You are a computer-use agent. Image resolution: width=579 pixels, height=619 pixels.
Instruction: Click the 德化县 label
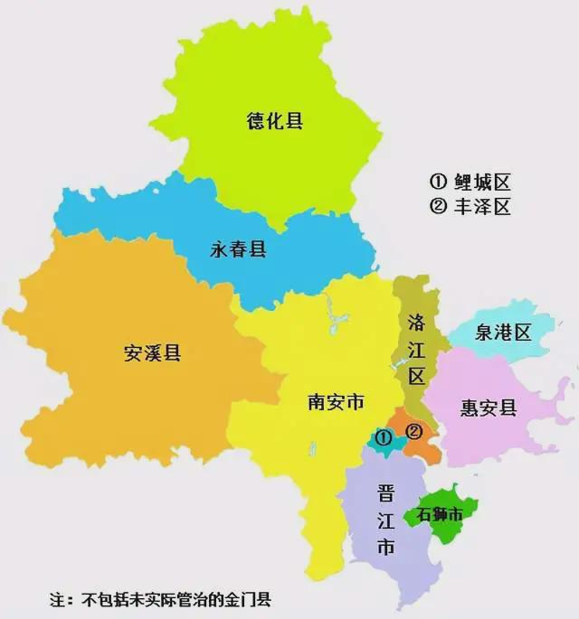[x=275, y=121]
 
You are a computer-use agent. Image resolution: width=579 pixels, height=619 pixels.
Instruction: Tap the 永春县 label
[x=239, y=249]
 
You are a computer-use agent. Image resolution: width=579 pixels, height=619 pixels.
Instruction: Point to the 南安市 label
[x=336, y=401]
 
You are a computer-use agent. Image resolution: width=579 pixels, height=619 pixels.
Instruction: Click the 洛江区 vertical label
[x=416, y=348]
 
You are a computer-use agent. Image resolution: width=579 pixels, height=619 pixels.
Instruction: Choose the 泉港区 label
[x=503, y=333]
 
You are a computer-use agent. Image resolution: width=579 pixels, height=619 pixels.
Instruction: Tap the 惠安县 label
[x=489, y=408]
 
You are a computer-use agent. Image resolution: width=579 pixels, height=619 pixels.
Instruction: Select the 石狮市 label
[x=440, y=515]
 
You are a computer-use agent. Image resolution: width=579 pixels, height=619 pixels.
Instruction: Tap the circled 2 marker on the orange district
[x=414, y=431]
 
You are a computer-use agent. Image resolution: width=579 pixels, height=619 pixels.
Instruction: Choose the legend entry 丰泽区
[x=470, y=207]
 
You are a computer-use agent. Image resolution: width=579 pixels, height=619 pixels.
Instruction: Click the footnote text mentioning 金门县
[x=172, y=599]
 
